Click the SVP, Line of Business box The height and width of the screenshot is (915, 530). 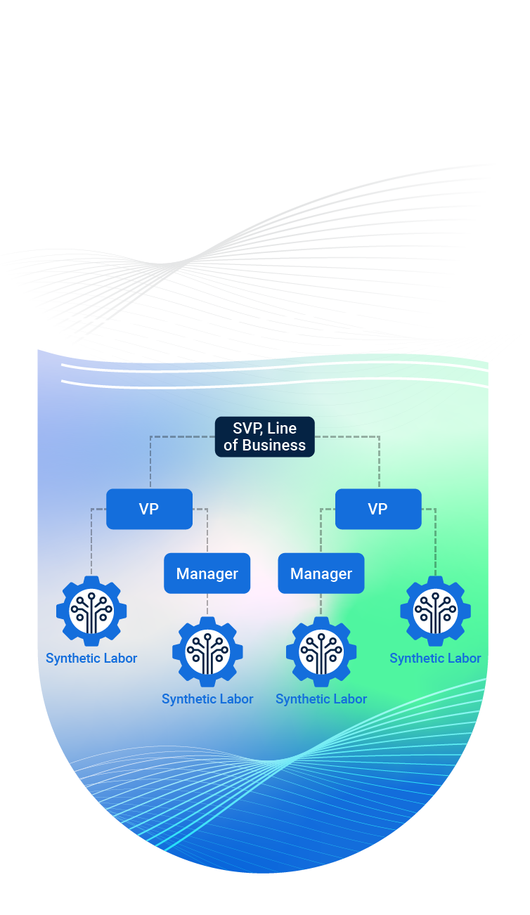pos(264,436)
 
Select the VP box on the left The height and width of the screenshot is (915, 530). pos(149,509)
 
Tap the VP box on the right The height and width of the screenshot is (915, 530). pos(378,509)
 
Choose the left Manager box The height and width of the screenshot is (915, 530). pos(207,573)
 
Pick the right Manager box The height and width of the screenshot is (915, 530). pos(321,573)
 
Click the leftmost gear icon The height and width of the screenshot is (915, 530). pos(91,611)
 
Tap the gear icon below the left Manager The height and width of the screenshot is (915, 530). pos(207,651)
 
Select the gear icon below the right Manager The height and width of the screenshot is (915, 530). pos(321,651)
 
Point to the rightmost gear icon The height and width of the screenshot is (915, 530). pos(435,611)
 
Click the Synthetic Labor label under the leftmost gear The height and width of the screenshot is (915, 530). pos(91,658)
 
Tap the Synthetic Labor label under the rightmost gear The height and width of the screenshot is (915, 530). pos(435,658)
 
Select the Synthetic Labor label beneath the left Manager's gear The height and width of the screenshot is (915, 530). pos(207,699)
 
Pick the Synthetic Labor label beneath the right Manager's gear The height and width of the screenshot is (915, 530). pos(321,699)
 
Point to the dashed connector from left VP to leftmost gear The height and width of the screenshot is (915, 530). pos(91,541)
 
